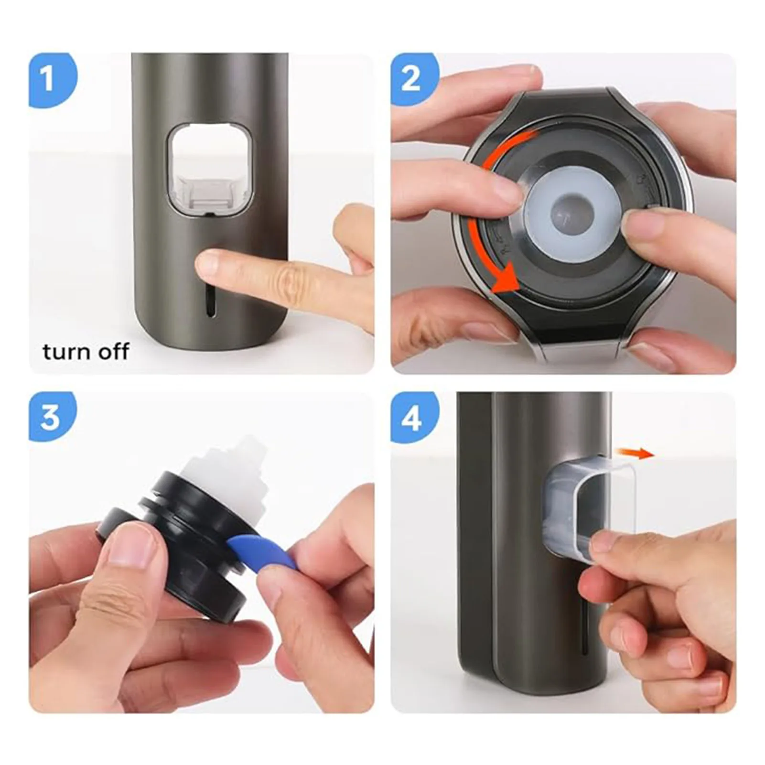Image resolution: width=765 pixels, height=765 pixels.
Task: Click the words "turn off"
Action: point(86,352)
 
